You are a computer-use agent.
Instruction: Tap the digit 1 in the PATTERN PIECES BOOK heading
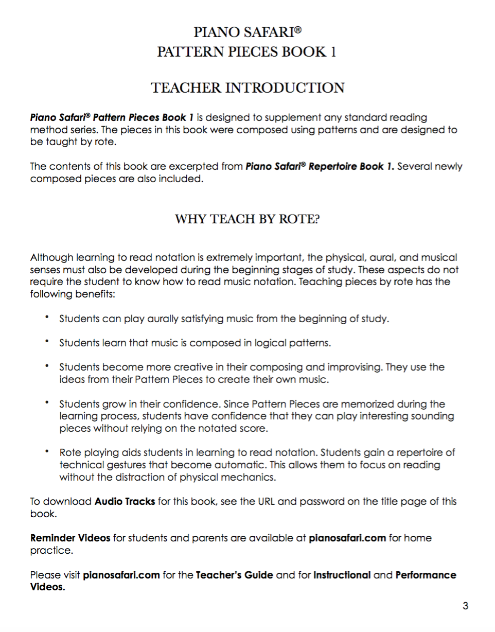[333, 52]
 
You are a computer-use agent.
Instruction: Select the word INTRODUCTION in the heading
[289, 87]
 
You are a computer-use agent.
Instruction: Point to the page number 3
[465, 606]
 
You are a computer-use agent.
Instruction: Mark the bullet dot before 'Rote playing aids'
[47, 452]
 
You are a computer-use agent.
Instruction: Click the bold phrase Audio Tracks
[125, 501]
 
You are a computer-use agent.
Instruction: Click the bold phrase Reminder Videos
[70, 538]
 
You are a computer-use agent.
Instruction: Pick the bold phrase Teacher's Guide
[235, 575]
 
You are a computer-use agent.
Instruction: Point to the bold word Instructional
[342, 575]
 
